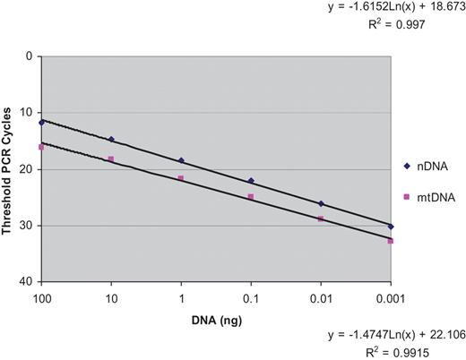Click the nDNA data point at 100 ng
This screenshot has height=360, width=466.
(x=41, y=122)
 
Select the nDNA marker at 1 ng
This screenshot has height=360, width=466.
(x=181, y=160)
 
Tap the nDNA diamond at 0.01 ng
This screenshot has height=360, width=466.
(x=321, y=203)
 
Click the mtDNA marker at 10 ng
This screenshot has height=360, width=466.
(x=111, y=159)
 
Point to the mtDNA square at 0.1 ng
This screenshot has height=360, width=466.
(x=251, y=196)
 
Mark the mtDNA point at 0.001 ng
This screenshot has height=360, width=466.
(x=391, y=241)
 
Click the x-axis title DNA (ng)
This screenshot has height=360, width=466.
(x=215, y=321)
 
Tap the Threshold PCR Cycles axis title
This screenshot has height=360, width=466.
(x=8, y=168)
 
